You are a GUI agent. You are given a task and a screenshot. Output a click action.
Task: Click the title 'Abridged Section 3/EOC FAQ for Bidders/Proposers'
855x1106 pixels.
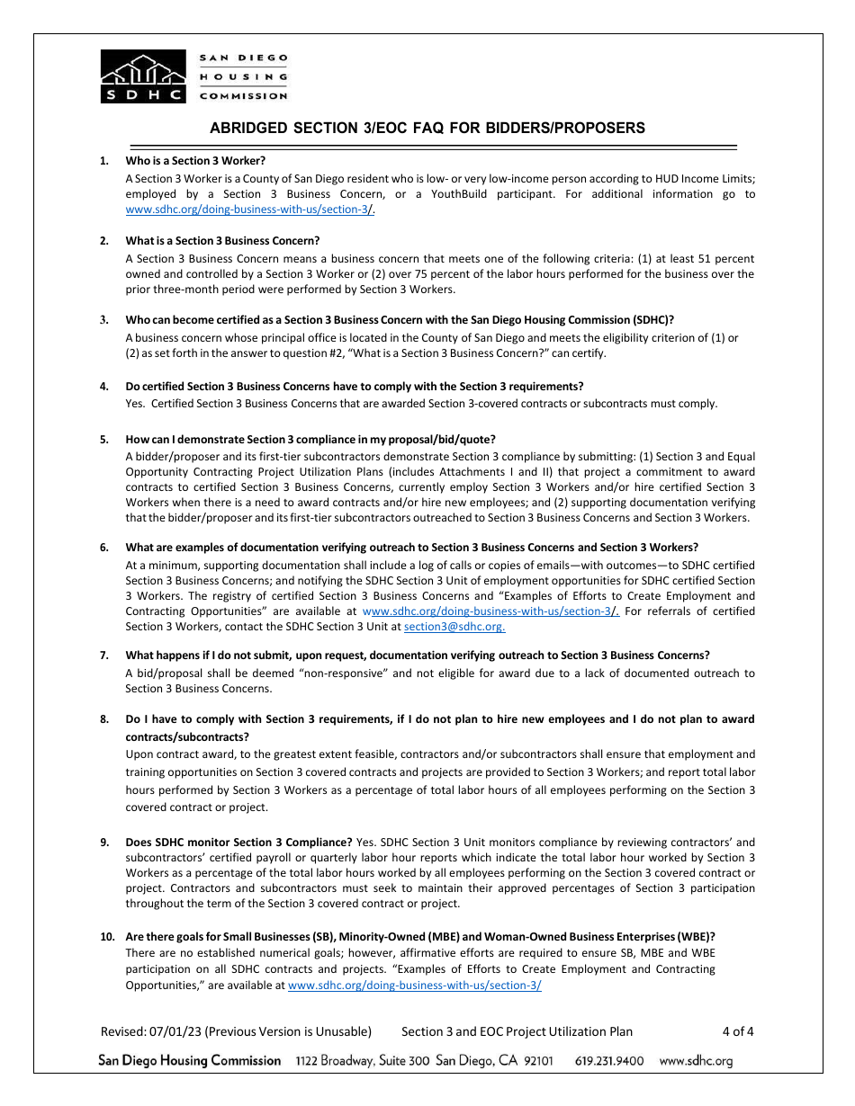[427, 128]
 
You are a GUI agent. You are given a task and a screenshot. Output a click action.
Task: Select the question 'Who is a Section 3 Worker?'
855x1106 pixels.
[195, 161]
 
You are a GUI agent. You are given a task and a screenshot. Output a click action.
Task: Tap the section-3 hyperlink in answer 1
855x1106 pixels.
[247, 210]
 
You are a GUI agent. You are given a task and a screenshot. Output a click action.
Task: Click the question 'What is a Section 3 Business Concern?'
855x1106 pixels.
[222, 240]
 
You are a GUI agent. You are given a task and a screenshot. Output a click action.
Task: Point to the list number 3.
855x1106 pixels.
[104, 319]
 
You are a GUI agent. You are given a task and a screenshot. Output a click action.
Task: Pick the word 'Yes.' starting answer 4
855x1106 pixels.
[136, 403]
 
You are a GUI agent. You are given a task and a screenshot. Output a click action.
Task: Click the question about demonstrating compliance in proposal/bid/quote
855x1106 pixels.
[310, 440]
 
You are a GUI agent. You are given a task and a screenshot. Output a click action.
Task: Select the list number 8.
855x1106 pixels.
[104, 719]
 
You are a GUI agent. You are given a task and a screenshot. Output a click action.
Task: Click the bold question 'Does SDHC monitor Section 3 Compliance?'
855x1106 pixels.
[238, 843]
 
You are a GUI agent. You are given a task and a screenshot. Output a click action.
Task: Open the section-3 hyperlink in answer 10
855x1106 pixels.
[414, 986]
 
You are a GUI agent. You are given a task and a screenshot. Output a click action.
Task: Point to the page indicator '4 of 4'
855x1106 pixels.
[737, 1031]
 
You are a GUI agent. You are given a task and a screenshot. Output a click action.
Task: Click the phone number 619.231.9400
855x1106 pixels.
[609, 1061]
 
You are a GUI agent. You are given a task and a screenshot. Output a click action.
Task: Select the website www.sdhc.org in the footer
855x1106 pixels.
[696, 1061]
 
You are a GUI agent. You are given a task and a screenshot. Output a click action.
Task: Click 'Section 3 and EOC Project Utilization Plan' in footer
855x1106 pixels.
[517, 1031]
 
